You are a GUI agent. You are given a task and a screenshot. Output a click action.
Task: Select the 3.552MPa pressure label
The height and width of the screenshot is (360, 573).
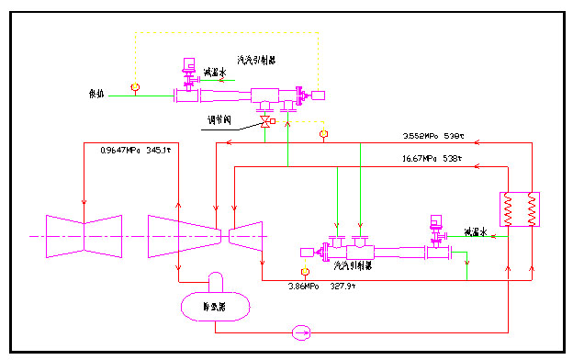(421, 137)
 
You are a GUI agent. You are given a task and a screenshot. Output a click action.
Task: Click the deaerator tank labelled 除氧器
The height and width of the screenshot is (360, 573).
(218, 302)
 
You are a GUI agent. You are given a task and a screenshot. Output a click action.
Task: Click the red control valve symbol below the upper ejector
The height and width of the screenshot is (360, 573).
(266, 121)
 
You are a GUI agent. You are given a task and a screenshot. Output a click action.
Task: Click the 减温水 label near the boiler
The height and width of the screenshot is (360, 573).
(478, 231)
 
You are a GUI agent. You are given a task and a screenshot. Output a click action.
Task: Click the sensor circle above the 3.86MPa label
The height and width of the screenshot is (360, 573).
(306, 272)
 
